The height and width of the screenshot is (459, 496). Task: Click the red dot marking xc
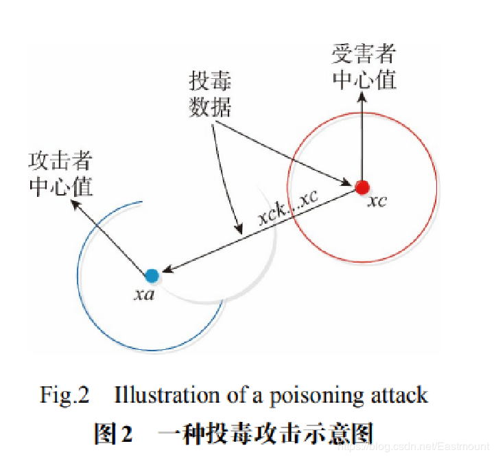[x=363, y=187]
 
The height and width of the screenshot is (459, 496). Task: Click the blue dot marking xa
[x=152, y=276]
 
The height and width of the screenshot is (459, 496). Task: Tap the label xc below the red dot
[x=377, y=201]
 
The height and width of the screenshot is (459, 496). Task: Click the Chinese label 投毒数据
[x=211, y=95]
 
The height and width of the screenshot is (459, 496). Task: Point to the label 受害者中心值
[x=364, y=67]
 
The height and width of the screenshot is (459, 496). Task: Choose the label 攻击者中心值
[x=61, y=174]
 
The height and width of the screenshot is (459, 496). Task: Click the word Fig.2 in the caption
[x=64, y=395]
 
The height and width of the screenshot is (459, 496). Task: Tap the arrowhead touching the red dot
[x=348, y=181]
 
